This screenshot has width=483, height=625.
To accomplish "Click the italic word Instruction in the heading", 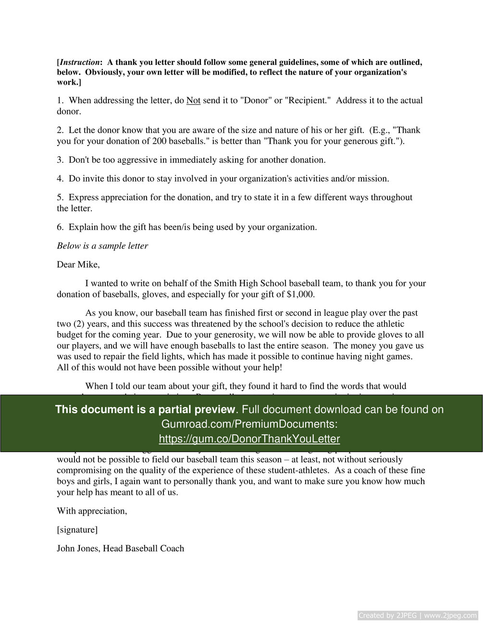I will click(x=80, y=62).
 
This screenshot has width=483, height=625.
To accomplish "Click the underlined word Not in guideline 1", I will click(x=193, y=100).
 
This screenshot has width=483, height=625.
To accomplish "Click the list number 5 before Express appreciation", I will click(x=60, y=197).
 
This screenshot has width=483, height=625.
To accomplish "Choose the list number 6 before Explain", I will click(x=60, y=227).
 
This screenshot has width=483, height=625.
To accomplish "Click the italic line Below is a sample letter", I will click(x=102, y=246).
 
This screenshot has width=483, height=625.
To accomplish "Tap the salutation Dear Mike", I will click(x=78, y=265).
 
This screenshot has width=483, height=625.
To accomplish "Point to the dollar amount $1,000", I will click(x=300, y=294).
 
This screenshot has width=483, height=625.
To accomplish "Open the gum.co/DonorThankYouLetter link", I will click(x=249, y=439).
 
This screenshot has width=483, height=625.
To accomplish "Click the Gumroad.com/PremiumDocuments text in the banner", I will click(x=249, y=424).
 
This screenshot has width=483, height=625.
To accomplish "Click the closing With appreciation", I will click(x=92, y=511).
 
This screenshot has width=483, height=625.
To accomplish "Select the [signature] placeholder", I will click(x=77, y=530).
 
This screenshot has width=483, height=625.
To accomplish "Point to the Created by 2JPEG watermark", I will click(x=418, y=615).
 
